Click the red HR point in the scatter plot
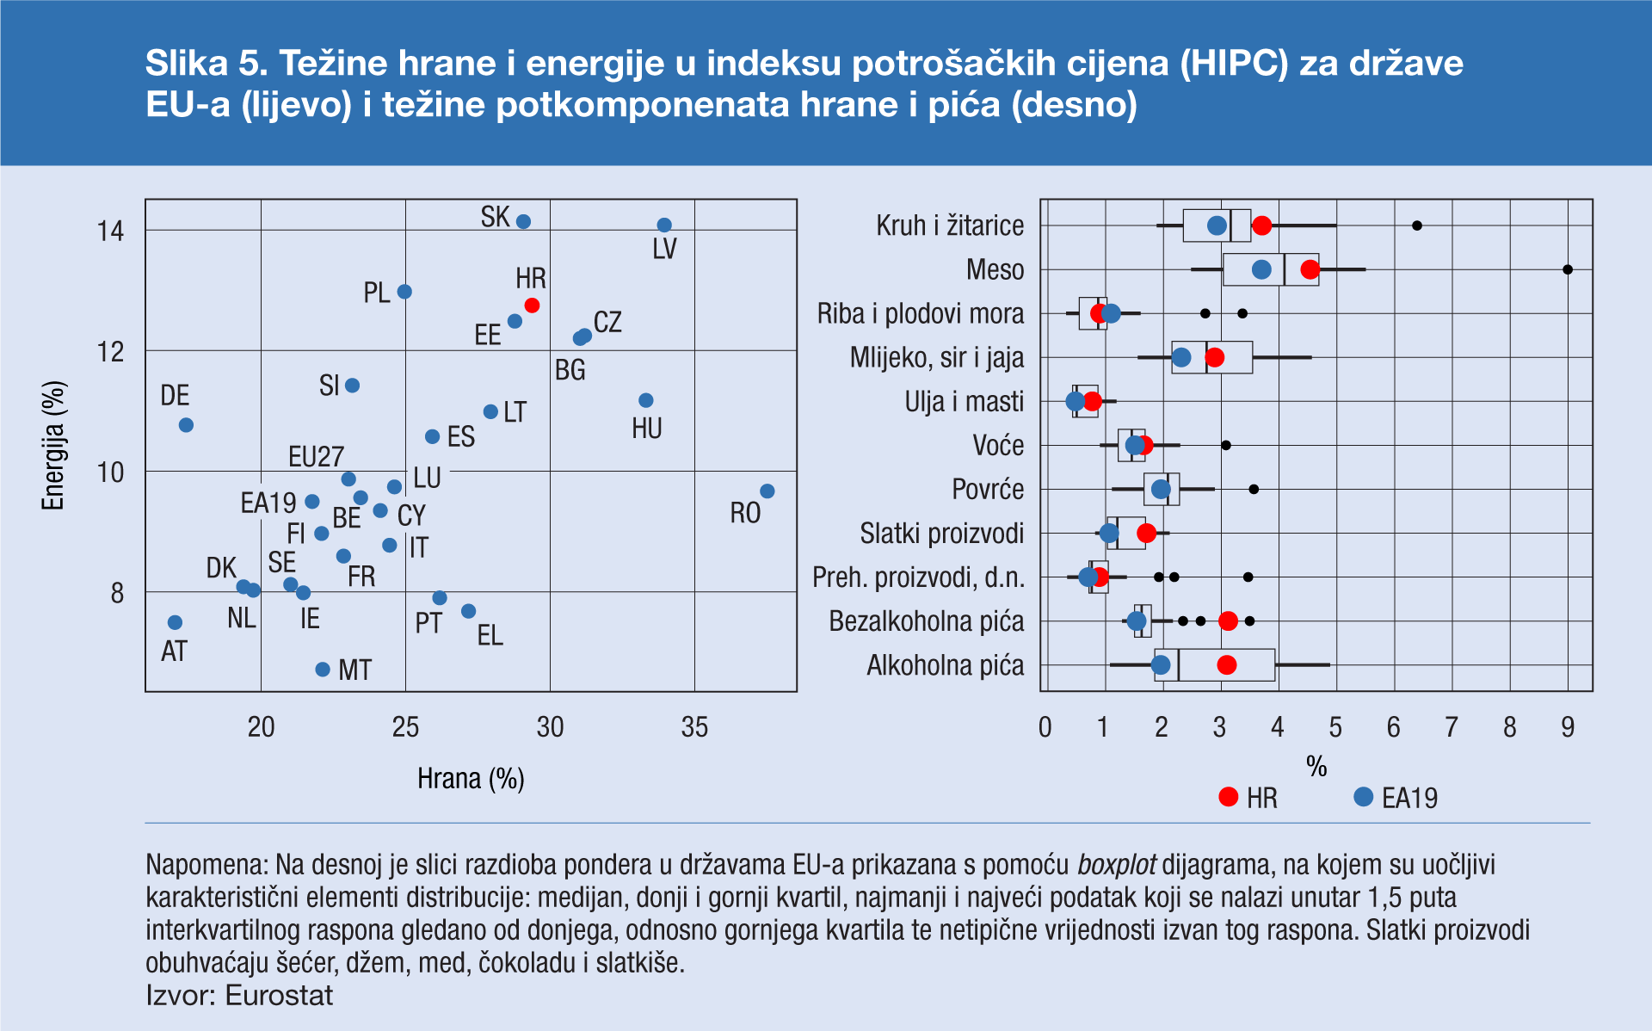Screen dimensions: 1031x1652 pos(532,306)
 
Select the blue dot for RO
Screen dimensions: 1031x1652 pos(767,491)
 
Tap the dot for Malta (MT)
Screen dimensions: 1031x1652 pos(323,670)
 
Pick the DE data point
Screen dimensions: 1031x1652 pos(186,425)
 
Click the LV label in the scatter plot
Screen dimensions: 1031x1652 pos(664,250)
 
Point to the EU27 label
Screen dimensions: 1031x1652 pos(316,456)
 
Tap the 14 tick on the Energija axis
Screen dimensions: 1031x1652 pos(111,231)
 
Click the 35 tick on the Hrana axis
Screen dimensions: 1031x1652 pos(694,728)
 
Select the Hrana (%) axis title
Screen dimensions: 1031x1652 pos(471,779)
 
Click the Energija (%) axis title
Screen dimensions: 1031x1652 pos(53,446)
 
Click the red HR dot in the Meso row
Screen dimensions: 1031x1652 pos(1310,269)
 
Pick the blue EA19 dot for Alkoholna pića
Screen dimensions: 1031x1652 pos(1161,665)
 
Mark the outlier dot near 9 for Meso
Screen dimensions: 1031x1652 pos(1568,269)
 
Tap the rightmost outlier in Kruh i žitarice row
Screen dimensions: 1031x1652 pos(1417,225)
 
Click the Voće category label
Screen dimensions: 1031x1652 pos(998,446)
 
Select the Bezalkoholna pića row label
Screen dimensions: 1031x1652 pos(927,621)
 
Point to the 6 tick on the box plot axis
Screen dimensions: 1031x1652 pos(1393,728)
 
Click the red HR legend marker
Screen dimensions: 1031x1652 pos(1229,797)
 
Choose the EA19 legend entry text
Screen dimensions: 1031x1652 pos(1409,799)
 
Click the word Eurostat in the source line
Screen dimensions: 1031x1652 pos(279,996)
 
